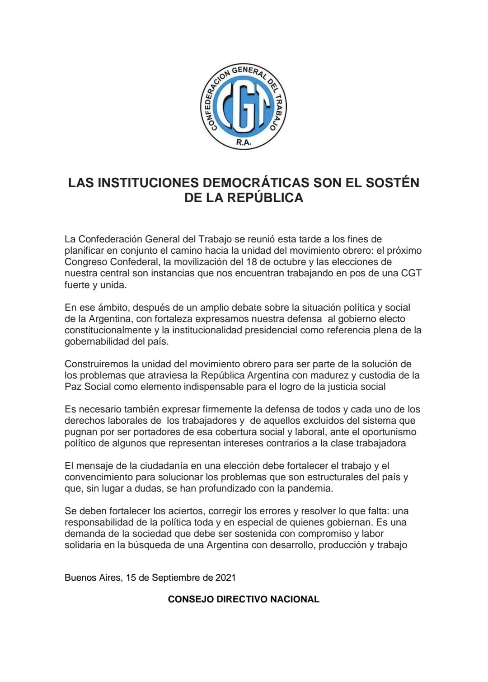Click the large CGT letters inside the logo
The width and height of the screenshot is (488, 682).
coord(244,109)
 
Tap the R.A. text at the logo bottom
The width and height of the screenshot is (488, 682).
coord(244,143)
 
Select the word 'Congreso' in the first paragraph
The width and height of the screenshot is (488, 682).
coord(86,262)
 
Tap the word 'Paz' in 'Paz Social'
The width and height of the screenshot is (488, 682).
coord(72,387)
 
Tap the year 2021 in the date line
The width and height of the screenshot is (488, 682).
coord(225,578)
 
